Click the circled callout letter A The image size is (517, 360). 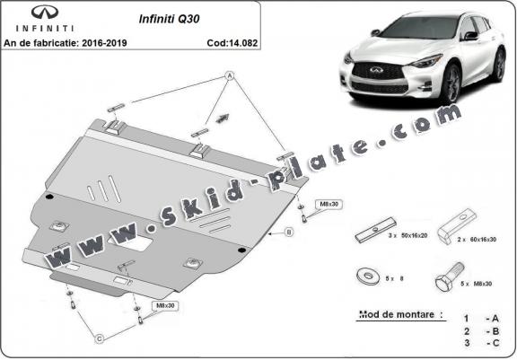[x=228, y=76]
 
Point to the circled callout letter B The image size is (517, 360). [x=289, y=232]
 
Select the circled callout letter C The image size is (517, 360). [x=100, y=337]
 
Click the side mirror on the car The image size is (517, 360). [x=469, y=36]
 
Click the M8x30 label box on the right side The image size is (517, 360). [x=329, y=204]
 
